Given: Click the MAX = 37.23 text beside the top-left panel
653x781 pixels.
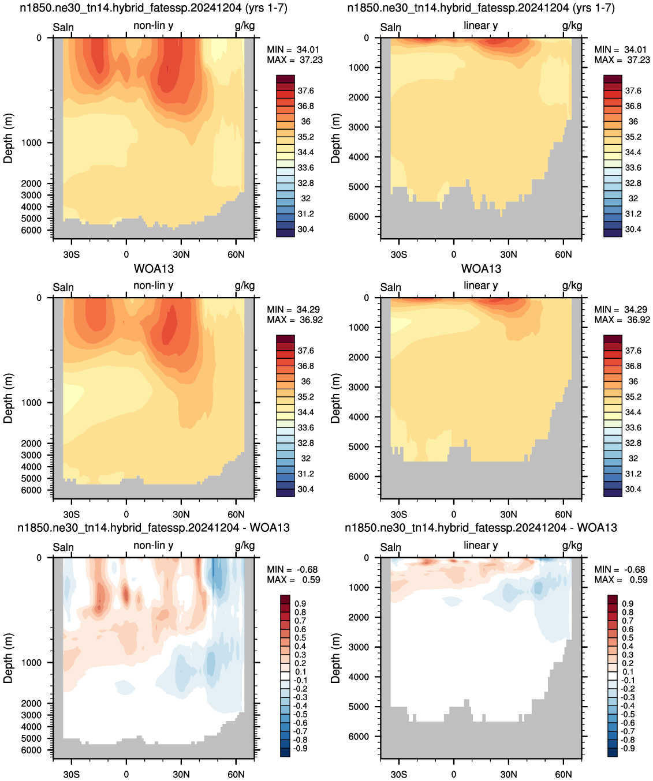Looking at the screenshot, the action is point(294,60).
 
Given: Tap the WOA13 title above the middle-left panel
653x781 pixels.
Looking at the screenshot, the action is point(154,269).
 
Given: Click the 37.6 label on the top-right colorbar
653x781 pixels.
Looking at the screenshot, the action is point(633,91).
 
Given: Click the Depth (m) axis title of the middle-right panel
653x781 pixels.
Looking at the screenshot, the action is point(335,398).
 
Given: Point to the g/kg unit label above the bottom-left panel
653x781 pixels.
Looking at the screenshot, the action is point(245,546).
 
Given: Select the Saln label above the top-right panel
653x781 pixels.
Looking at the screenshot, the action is point(390,27).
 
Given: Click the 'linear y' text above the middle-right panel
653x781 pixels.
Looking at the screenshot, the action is point(481,286).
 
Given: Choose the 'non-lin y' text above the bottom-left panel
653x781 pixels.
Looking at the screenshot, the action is point(154,545).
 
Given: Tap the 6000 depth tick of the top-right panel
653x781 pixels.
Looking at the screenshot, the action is point(359,216).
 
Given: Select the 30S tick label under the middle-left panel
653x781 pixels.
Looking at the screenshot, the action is point(72,515).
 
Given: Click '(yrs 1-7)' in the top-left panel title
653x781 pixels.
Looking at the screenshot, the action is point(267,8).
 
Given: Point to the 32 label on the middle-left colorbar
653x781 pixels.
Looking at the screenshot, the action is point(305,459).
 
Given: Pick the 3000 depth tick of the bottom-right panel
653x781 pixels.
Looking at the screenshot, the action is point(359,647).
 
